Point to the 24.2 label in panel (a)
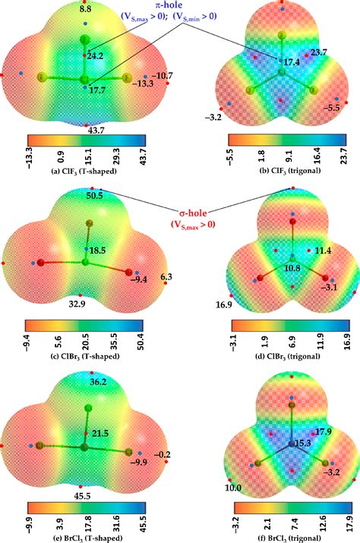coord(96,56)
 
